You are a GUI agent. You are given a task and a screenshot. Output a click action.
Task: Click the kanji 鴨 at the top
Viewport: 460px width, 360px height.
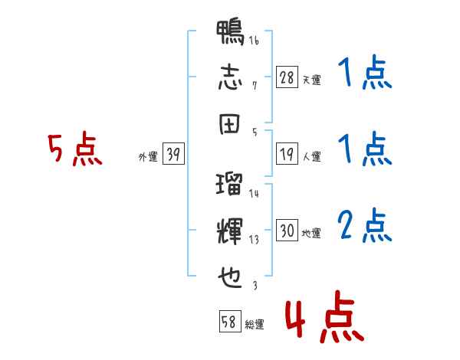click(230, 32)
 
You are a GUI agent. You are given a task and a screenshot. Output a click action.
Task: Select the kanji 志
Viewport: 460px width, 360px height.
click(230, 77)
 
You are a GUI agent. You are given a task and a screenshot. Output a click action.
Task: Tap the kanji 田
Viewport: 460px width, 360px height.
click(229, 124)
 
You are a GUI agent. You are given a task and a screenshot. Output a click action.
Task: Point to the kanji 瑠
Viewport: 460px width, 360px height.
click(229, 184)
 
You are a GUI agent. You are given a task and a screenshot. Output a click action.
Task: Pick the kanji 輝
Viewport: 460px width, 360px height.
click(230, 231)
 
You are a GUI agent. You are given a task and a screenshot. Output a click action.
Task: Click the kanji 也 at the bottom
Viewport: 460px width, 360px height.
click(230, 277)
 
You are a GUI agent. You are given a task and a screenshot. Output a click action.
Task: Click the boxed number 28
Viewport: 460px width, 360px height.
click(287, 77)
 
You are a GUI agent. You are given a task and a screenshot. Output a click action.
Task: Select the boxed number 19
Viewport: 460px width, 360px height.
click(287, 154)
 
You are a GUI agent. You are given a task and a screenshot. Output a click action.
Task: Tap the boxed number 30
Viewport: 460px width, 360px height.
click(287, 230)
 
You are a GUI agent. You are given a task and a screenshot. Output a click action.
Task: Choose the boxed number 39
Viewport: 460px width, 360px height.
click(173, 153)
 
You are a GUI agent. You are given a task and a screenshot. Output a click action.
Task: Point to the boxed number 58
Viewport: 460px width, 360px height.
click(230, 321)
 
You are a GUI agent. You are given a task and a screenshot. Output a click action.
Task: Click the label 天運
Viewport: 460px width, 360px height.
click(312, 80)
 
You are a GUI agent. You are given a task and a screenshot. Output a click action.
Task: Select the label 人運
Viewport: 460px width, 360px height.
click(312, 156)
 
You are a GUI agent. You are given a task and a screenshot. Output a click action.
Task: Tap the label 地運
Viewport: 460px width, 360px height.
click(311, 233)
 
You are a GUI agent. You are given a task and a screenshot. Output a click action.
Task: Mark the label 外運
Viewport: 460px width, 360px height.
click(148, 156)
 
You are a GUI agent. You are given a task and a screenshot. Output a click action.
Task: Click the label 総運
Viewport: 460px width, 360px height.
click(255, 324)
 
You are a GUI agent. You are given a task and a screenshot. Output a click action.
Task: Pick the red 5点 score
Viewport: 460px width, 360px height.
click(75, 149)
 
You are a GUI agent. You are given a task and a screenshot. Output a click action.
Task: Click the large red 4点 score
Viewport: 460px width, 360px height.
click(324, 316)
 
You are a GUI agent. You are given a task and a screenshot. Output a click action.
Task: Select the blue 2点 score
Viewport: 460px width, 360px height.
click(364, 225)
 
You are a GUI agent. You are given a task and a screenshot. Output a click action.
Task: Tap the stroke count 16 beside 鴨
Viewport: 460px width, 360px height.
click(254, 40)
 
